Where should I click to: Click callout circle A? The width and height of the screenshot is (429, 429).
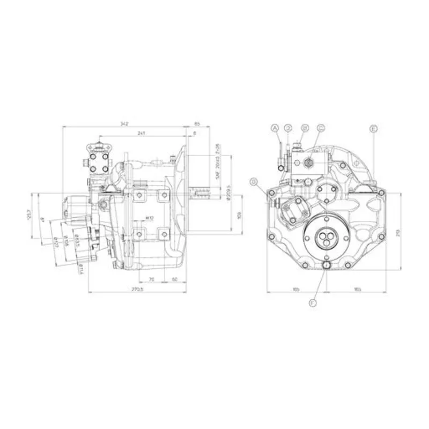pos(275,128)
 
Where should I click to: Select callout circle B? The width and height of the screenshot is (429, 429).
pos(305,128)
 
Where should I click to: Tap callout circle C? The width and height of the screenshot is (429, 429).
pos(321,128)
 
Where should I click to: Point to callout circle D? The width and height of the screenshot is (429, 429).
pos(288,128)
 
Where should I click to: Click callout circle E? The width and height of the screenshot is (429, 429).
pos(374,129)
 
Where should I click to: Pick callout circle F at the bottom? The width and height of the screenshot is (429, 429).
pos(313,303)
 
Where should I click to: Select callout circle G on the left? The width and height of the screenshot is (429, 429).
pos(254,182)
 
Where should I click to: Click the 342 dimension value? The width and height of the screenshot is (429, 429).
pos(124,123)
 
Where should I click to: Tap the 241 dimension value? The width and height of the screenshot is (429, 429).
pos(140,132)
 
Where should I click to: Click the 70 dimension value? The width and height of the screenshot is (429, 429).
pos(152,279)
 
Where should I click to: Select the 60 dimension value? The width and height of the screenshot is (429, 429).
pos(175,279)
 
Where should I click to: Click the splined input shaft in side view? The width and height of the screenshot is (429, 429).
pos(199,192)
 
